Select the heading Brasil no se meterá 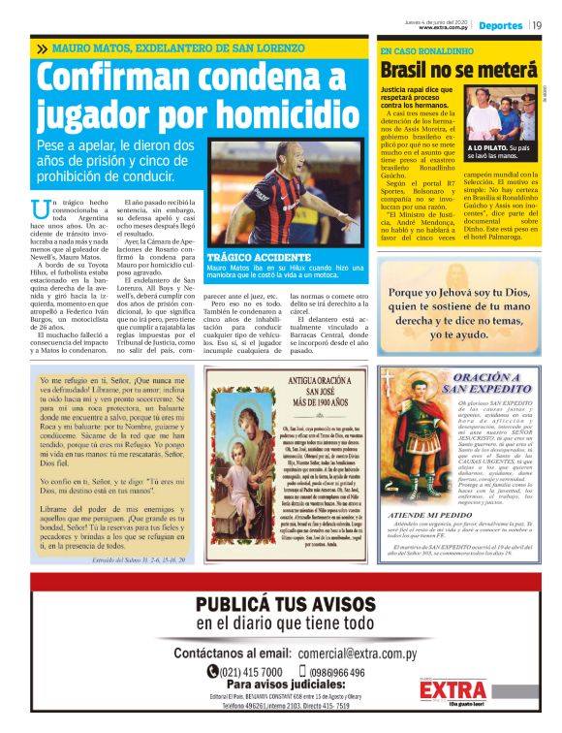(457, 70)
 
